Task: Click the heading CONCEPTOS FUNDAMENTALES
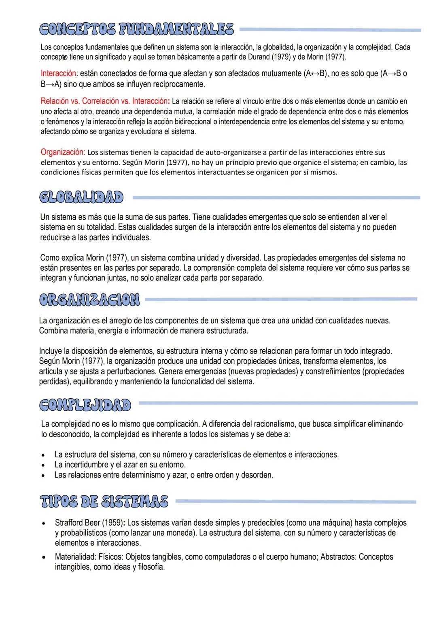point(137,30)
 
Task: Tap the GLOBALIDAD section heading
point(81,198)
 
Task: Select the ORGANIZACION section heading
point(89,300)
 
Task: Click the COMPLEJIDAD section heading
point(85,404)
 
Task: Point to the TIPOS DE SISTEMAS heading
point(104,501)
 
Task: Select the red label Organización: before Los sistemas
point(63,153)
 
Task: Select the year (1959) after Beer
point(112,523)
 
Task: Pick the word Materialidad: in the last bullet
point(75,557)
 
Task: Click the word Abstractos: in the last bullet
point(339,557)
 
